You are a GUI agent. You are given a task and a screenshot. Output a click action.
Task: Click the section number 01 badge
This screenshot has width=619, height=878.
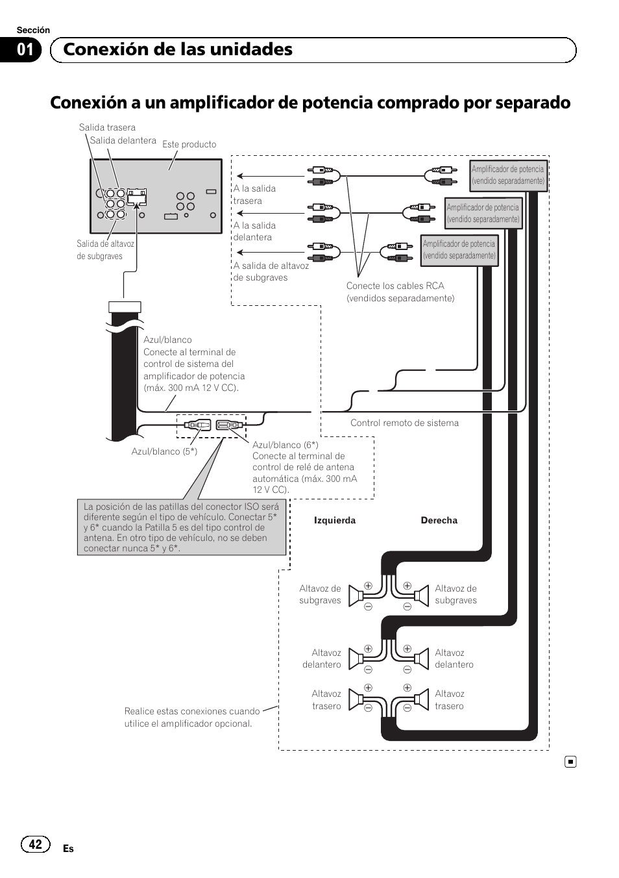24,50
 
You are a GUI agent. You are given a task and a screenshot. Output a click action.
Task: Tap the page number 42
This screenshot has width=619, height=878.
35,844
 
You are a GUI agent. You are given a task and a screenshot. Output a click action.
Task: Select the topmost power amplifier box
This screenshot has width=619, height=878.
508,175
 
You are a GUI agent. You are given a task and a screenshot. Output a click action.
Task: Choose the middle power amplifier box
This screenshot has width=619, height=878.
483,214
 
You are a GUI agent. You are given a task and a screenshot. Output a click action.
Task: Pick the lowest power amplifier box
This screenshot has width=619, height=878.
459,250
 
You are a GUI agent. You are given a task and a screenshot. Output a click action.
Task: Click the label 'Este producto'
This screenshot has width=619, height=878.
189,144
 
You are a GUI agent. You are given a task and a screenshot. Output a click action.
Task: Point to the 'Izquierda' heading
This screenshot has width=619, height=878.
335,520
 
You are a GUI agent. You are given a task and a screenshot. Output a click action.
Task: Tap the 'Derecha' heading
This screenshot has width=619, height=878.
439,520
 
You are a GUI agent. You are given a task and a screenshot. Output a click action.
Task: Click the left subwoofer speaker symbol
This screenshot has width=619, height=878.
356,596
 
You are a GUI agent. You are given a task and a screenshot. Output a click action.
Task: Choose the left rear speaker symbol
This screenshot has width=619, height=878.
356,699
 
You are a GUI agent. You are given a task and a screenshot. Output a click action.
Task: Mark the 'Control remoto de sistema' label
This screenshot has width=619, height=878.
404,423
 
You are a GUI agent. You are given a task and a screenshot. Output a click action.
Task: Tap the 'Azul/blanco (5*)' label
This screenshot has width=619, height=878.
164,451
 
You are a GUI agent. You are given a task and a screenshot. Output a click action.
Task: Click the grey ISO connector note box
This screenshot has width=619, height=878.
181,527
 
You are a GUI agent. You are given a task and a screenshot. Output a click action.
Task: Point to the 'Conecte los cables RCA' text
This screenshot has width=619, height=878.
395,286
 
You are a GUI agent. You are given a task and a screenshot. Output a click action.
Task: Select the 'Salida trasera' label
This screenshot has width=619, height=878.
107,127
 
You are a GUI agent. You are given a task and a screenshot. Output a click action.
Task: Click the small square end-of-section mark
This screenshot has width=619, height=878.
570,762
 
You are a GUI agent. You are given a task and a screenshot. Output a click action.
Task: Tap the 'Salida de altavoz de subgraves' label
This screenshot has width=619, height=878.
105,250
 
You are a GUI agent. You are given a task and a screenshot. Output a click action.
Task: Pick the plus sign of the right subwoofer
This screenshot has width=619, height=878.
407,586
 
